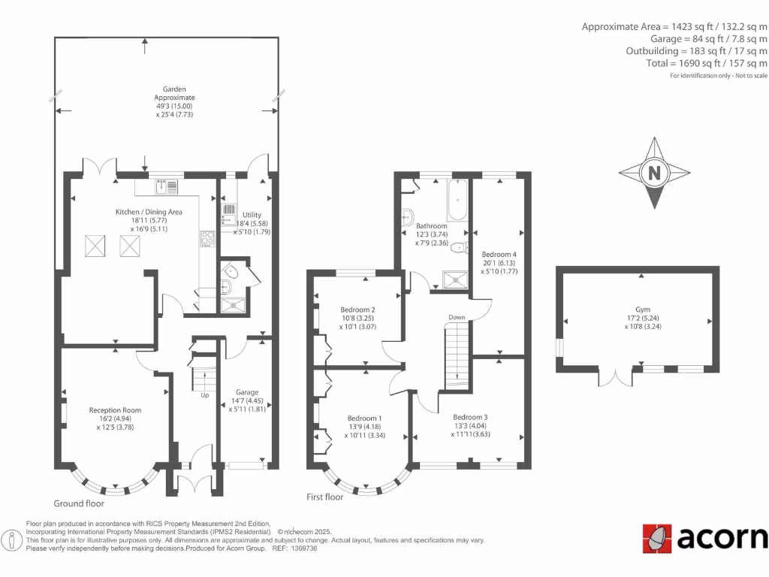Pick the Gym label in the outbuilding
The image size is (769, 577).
(x=642, y=309)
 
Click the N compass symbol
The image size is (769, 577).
(x=654, y=174)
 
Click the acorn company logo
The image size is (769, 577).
(x=705, y=538)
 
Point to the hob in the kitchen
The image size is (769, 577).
(x=207, y=239)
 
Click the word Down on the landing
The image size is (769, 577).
(x=457, y=317)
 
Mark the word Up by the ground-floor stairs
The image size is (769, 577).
(x=204, y=395)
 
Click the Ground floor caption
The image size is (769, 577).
(x=79, y=503)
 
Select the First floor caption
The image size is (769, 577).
(x=325, y=497)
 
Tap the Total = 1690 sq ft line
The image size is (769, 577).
(x=707, y=63)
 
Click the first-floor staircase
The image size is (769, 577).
(x=457, y=353)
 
